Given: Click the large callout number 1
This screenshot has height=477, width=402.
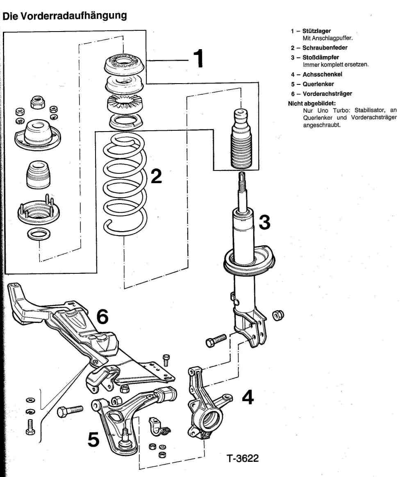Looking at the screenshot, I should click(198, 59).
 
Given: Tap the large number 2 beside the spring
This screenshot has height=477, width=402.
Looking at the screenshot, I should click(156, 176).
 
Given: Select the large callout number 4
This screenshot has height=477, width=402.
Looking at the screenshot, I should click(248, 396).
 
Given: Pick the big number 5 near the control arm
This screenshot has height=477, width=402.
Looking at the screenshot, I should click(93, 439).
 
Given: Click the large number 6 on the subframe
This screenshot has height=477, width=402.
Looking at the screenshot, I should click(102, 316).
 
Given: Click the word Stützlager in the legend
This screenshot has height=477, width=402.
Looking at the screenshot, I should click(316, 31).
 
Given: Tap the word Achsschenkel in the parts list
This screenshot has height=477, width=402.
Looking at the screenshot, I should click(322, 75).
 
